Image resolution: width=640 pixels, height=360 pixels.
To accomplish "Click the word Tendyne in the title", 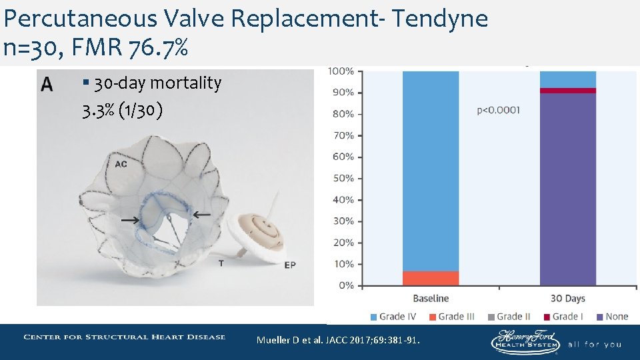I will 439,19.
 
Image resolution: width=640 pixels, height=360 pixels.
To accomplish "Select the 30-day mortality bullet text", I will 157,83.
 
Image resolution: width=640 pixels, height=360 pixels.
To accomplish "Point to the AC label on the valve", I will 121,164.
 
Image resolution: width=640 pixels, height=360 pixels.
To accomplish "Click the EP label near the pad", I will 290,265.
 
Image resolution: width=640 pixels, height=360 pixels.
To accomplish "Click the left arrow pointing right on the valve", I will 130,219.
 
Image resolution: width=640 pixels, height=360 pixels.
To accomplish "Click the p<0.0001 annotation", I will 499,111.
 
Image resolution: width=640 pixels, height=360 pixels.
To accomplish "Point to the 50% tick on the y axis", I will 343,179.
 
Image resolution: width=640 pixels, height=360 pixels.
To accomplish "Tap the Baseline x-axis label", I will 431,299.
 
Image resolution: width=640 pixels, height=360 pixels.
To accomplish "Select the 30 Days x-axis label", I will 567,299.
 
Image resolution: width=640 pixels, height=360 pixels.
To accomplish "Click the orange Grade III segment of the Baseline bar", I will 431,278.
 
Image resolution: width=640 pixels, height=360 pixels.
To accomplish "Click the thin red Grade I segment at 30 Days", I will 567,91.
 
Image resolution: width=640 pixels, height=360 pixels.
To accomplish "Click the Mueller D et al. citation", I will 339,341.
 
